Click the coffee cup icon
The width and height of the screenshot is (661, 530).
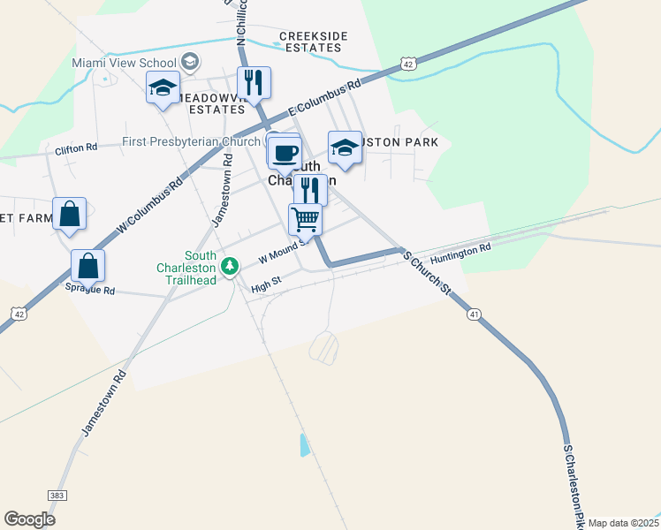click(284, 153)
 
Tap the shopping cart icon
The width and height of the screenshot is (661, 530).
click(305, 218)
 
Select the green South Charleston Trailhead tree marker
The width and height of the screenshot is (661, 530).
click(230, 265)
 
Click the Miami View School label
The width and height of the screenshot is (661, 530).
click(125, 64)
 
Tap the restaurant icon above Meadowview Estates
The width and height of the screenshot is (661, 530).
click(254, 83)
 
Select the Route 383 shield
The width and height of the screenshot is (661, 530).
click(57, 496)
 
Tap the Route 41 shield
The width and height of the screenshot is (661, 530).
click(475, 314)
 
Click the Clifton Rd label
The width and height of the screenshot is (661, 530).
click(76, 148)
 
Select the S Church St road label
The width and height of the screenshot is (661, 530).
click(428, 273)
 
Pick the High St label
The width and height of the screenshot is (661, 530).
click(265, 284)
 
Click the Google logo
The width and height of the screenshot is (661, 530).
click(29, 519)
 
